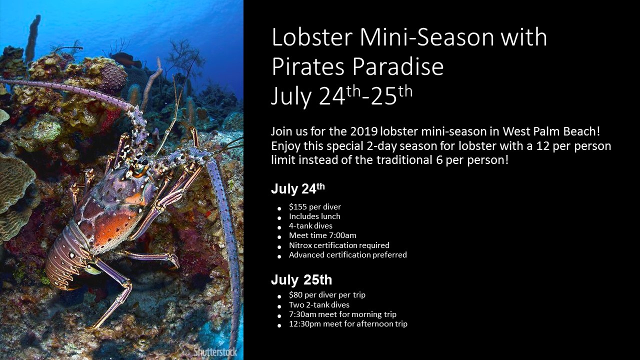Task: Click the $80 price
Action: [x=295, y=294]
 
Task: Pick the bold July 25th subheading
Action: [x=301, y=279]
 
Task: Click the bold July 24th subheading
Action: [x=298, y=189]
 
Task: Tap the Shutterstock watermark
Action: [x=215, y=351]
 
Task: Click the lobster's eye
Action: [x=142, y=162]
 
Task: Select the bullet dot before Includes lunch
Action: [x=279, y=218]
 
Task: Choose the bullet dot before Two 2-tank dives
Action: [x=279, y=306]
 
